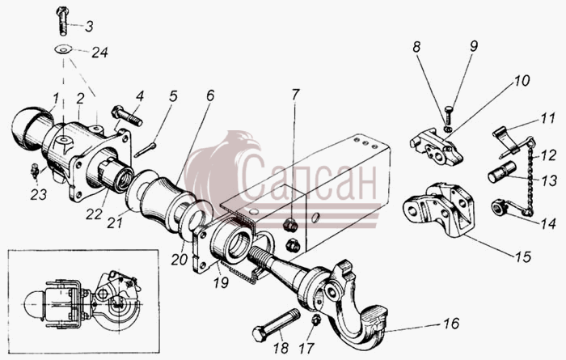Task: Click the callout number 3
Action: coord(89,27)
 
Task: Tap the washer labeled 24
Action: coord(63,49)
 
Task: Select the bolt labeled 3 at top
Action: coord(62,20)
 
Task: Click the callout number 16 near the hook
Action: coord(451,323)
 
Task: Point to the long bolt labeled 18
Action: coord(277,324)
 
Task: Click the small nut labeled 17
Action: coord(316,320)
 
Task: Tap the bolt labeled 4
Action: coord(127,116)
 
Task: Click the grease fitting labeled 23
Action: coord(35,170)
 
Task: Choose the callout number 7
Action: coord(295,94)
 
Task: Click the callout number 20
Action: coord(180,259)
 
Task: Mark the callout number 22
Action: coord(94,214)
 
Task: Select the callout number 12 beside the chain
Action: coord(548,155)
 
